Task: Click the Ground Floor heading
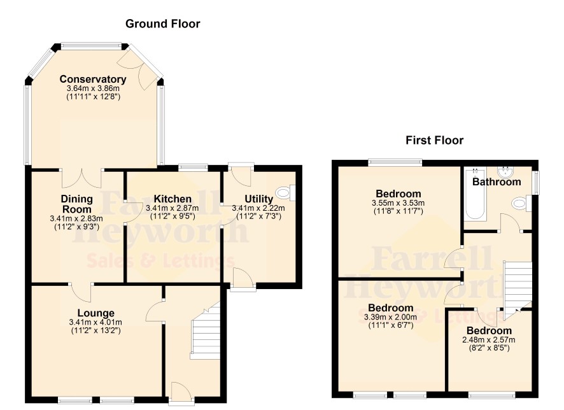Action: coord(162,24)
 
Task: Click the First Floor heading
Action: coord(435,140)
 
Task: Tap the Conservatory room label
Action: coord(93,79)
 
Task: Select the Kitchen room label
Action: coord(173,199)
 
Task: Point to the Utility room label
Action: coord(258,199)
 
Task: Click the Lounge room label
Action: coord(96,313)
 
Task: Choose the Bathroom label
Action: coord(497,181)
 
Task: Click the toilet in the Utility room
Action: coord(286,193)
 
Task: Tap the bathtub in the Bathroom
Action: coord(475,194)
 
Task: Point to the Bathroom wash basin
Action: coord(506,172)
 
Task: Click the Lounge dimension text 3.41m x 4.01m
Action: coord(95,322)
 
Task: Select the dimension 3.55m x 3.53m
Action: coord(398,203)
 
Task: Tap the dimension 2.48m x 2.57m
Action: coord(489,340)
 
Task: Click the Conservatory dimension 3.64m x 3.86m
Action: coord(93,88)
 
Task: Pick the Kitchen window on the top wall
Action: coord(193,167)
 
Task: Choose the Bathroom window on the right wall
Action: coord(535,182)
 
